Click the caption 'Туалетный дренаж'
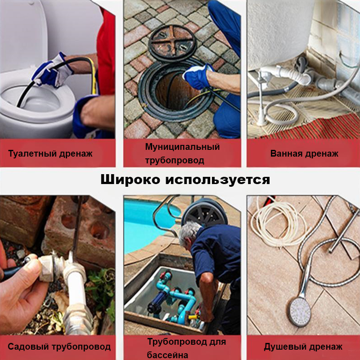[50, 153]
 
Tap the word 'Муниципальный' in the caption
[182, 147]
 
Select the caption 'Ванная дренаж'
[304, 153]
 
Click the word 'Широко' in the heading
[130, 180]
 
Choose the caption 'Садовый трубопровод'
[59, 347]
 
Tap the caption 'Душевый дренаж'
[303, 347]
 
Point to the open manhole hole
[175, 90]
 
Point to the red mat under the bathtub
[310, 128]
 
